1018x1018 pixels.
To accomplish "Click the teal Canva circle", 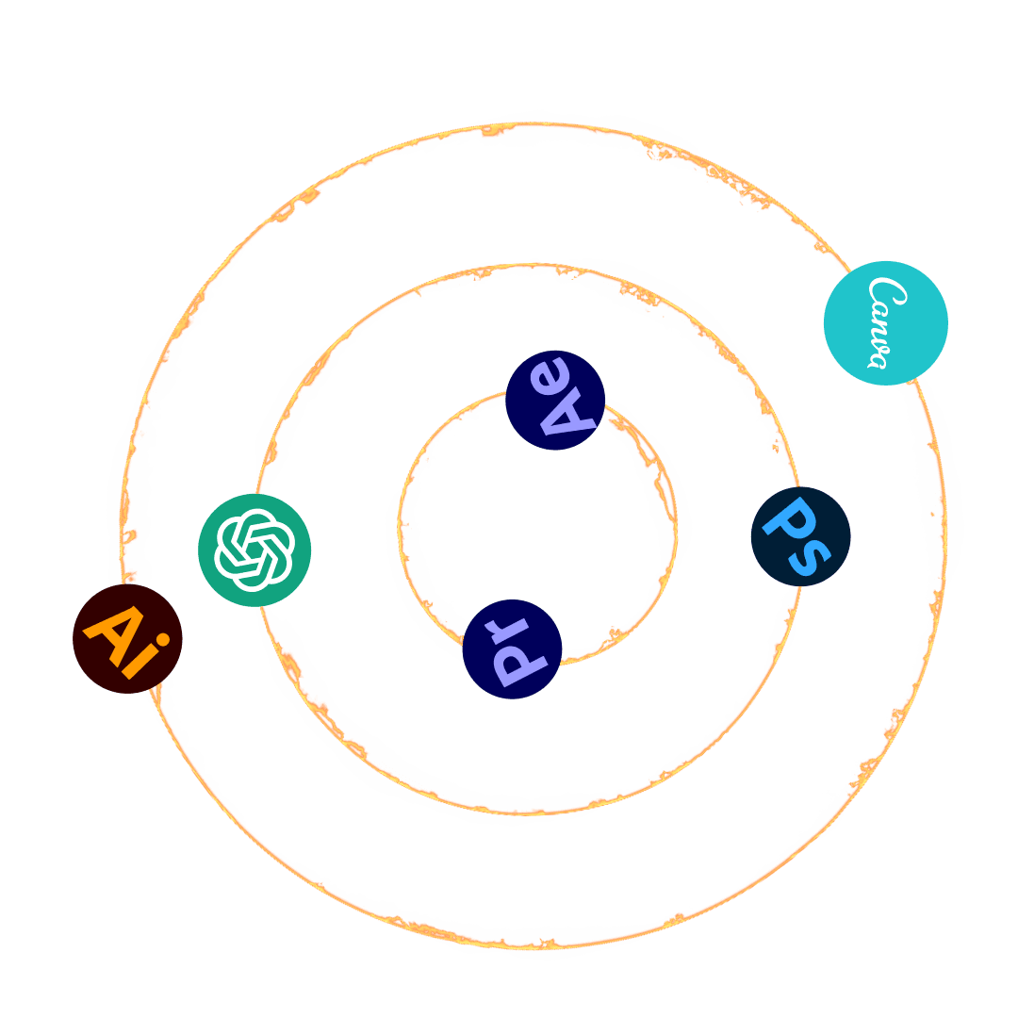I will pyautogui.click(x=885, y=322).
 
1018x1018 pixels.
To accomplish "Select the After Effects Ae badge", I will pyautogui.click(x=554, y=400).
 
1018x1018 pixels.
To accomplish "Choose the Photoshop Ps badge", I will pyautogui.click(x=800, y=535).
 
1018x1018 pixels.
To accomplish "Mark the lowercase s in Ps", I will pyautogui.click(x=809, y=555).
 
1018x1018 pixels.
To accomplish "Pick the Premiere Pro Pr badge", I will pyautogui.click(x=512, y=649).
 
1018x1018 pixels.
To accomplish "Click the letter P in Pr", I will pyautogui.click(x=515, y=664).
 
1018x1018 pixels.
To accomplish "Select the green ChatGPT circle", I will pyautogui.click(x=254, y=550).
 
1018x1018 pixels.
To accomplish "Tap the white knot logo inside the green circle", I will pyautogui.click(x=254, y=550).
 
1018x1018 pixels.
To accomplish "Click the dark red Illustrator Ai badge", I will pyautogui.click(x=127, y=638).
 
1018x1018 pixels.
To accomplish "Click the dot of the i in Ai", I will pyautogui.click(x=163, y=642).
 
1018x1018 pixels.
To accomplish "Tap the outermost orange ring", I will pyautogui.click(x=528, y=943).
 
